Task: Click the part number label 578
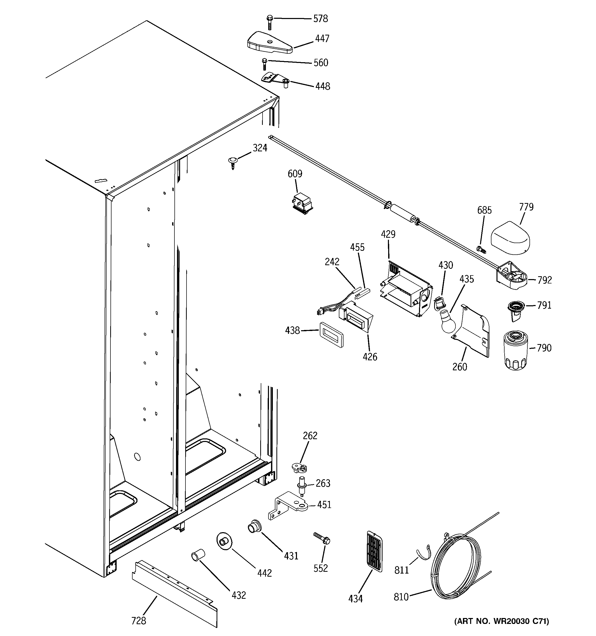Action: (x=320, y=19)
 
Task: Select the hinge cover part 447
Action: (x=269, y=43)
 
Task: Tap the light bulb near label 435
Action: (x=447, y=321)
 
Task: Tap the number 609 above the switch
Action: (x=295, y=174)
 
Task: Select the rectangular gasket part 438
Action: (x=331, y=334)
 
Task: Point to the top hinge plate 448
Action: (x=275, y=80)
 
